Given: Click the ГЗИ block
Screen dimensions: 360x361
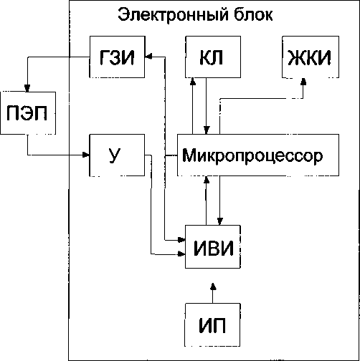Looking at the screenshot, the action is [x=117, y=57].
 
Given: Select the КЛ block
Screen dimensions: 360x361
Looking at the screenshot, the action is [x=213, y=57].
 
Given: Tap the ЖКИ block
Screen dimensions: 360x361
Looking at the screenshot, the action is [x=311, y=57].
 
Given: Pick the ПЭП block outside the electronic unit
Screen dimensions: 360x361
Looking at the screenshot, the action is [x=28, y=113].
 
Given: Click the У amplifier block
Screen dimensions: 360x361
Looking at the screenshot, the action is [x=117, y=155].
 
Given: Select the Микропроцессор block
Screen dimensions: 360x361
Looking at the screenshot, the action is [x=258, y=155].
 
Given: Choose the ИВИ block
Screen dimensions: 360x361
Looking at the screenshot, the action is [x=213, y=246].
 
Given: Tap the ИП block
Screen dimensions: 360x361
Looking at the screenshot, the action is [x=212, y=325].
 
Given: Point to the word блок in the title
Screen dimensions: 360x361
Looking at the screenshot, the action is [x=253, y=14].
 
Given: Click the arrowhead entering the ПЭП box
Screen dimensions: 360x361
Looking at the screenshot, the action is [x=27, y=89].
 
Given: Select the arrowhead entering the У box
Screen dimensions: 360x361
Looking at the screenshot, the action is [x=86, y=155].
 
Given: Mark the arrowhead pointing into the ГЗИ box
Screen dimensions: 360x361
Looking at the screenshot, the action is [x=148, y=57].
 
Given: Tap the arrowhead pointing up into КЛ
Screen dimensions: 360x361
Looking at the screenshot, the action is [x=193, y=82].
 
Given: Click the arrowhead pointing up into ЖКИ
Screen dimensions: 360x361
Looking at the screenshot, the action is [x=303, y=82].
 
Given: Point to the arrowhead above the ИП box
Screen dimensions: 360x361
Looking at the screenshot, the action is [x=213, y=287].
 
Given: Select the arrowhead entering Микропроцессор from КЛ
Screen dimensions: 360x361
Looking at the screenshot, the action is [x=207, y=130].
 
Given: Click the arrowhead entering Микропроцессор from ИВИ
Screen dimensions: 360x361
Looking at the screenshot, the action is [x=207, y=180].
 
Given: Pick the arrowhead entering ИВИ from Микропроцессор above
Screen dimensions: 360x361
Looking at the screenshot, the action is [x=220, y=221].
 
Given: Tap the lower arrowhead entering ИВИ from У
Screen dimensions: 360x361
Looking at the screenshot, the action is [x=181, y=254].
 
